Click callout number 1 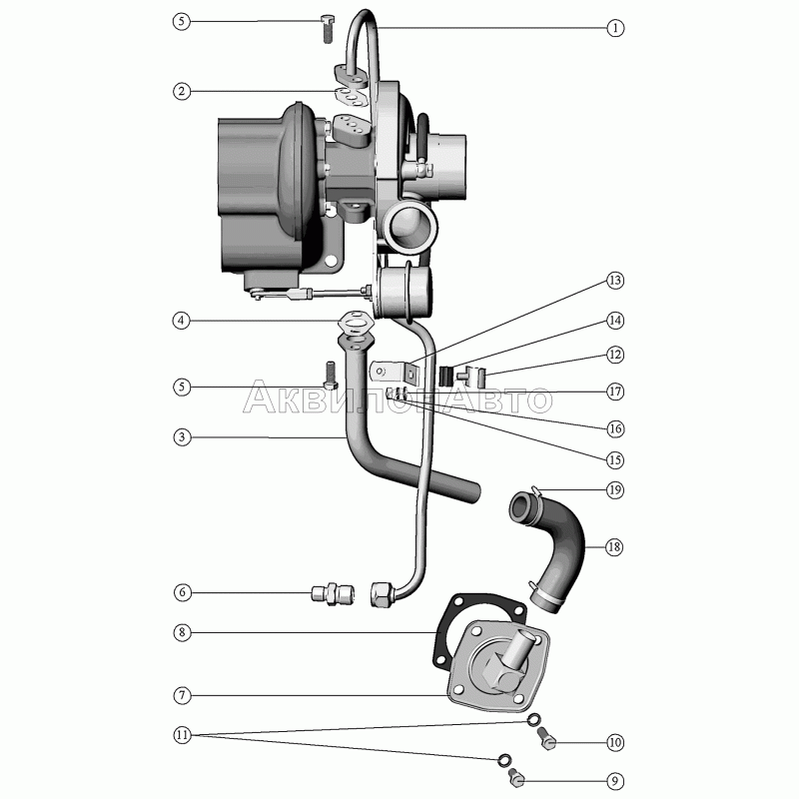click(616, 29)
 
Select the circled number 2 click(181, 91)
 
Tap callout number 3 click(181, 436)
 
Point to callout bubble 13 click(616, 281)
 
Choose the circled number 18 click(616, 546)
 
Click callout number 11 click(181, 735)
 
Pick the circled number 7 click(181, 694)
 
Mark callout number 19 click(616, 489)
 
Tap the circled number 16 click(616, 427)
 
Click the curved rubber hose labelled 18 click(559, 549)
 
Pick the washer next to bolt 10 click(534, 720)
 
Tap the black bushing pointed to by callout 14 click(448, 377)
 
